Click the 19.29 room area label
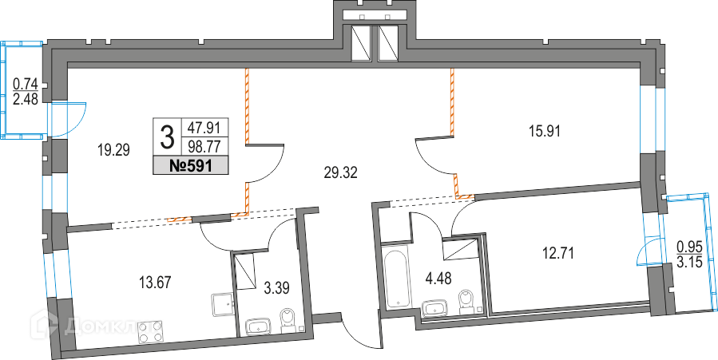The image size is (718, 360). tap(113, 148)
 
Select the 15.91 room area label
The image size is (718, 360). tap(542, 129)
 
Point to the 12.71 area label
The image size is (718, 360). tap(558, 254)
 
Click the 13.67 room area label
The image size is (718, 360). tap(155, 280)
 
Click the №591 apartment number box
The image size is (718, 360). tap(191, 165)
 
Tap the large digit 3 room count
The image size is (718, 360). tap(167, 137)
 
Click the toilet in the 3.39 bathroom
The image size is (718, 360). tap(288, 320)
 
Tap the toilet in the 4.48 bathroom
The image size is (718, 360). tap(469, 302)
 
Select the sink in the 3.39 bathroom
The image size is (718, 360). tap(260, 325)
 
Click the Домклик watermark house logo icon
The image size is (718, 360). tap(45, 324)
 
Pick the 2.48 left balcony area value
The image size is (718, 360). tap(26, 99)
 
